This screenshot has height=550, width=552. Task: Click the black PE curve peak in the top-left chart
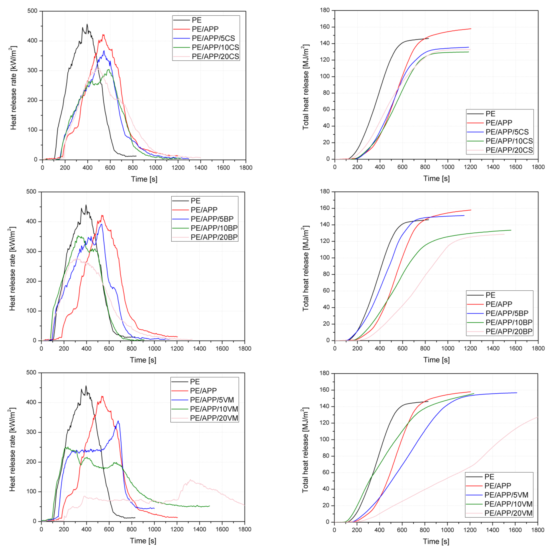87,24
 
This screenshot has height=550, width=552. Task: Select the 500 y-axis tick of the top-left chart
32,11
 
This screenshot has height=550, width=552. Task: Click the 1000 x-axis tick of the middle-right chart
447,348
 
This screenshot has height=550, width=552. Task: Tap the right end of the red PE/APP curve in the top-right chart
471,29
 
